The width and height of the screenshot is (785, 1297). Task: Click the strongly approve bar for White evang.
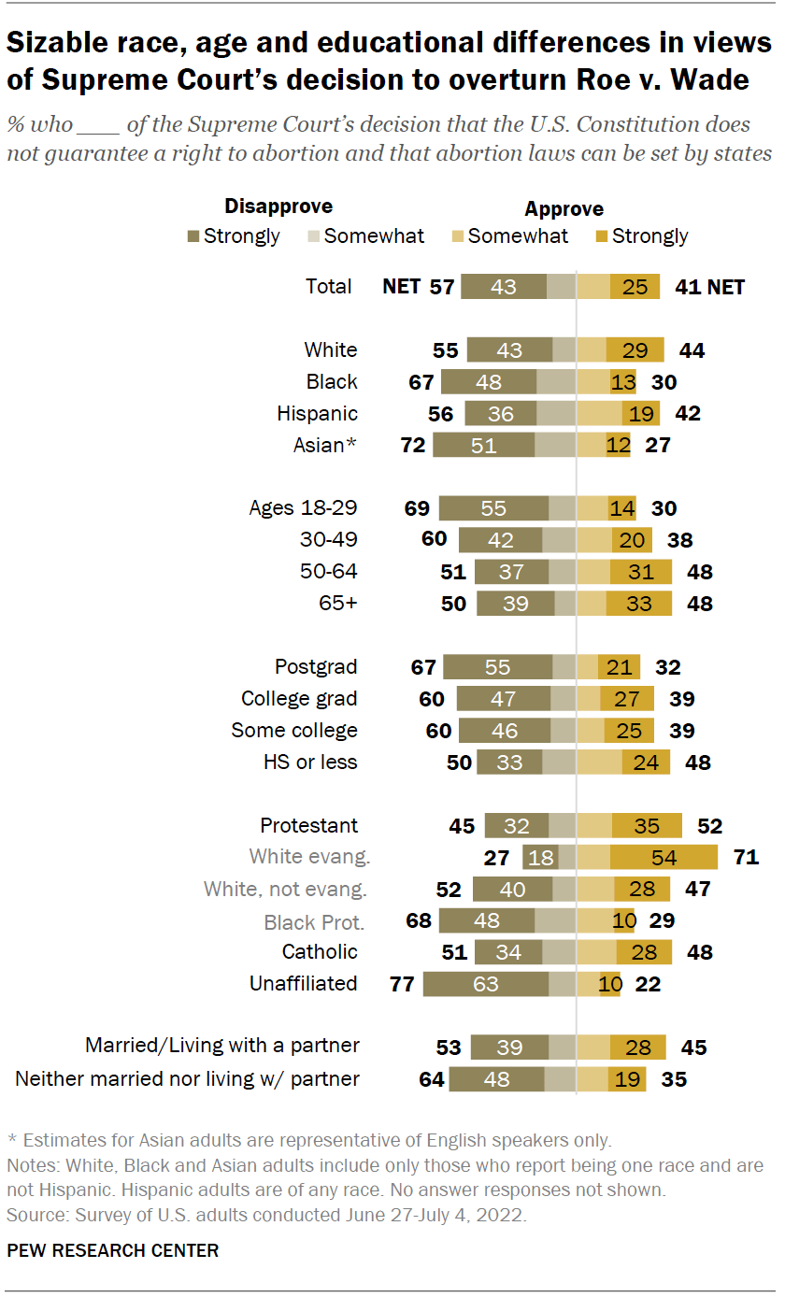tap(664, 858)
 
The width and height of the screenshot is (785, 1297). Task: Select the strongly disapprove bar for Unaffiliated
tap(486, 984)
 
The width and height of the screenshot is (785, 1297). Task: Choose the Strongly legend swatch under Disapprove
tap(193, 236)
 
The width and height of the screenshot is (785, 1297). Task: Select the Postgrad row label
tap(316, 667)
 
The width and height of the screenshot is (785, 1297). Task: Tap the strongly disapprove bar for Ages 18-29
tap(493, 508)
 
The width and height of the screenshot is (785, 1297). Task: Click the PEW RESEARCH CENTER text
tap(113, 1250)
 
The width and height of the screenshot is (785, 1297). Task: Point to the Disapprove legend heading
tap(278, 207)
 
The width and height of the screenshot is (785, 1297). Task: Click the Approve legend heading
tap(564, 209)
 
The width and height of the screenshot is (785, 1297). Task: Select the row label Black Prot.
tap(314, 921)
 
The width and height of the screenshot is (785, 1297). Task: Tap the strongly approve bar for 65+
tap(638, 604)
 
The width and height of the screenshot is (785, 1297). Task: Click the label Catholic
tap(320, 952)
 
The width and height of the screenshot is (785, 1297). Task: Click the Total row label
tap(329, 287)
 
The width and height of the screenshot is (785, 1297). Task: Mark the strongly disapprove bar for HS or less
tap(509, 763)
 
